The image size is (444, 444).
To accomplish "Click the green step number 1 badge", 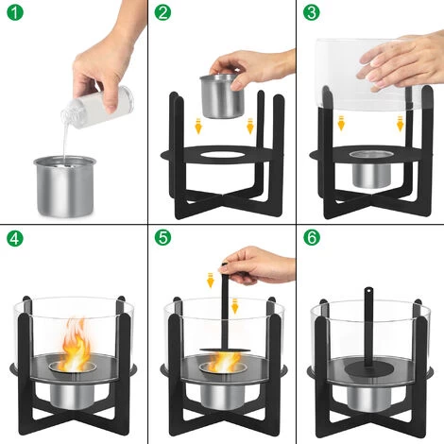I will [x=12, y=12].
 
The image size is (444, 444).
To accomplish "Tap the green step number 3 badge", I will [x=310, y=12].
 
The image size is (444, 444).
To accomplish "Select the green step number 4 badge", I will [x=12, y=236].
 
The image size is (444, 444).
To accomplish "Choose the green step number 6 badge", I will [x=310, y=236].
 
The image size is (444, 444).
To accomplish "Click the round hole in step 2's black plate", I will [x=223, y=152].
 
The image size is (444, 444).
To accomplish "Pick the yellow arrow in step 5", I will [x=211, y=279].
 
